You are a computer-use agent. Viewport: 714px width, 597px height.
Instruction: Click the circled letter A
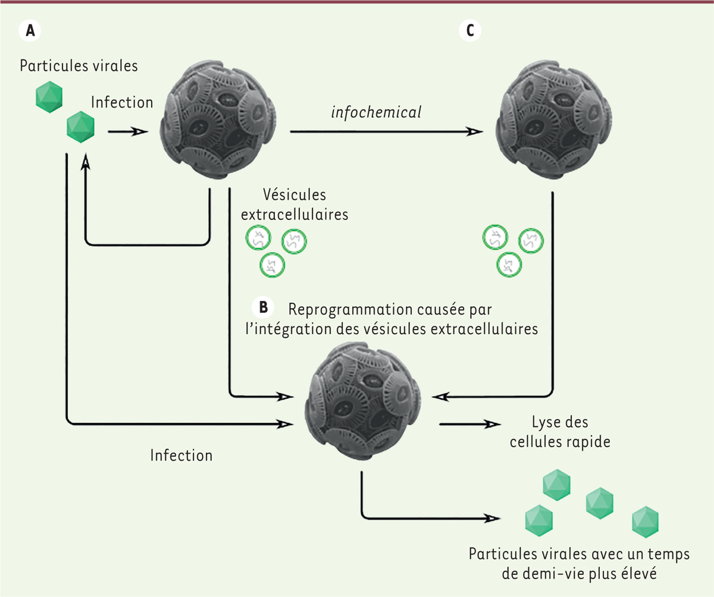point(31,30)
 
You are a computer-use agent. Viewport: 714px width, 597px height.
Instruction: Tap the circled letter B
point(263,307)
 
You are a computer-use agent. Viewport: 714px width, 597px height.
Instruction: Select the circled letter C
point(471,30)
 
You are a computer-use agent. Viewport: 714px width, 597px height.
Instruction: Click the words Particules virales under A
point(79,65)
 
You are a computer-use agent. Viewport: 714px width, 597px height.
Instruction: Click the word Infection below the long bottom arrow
point(181,456)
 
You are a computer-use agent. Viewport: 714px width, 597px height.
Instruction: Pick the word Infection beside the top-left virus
point(122,102)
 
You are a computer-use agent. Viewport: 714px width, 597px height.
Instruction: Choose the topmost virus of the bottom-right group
point(557,484)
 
